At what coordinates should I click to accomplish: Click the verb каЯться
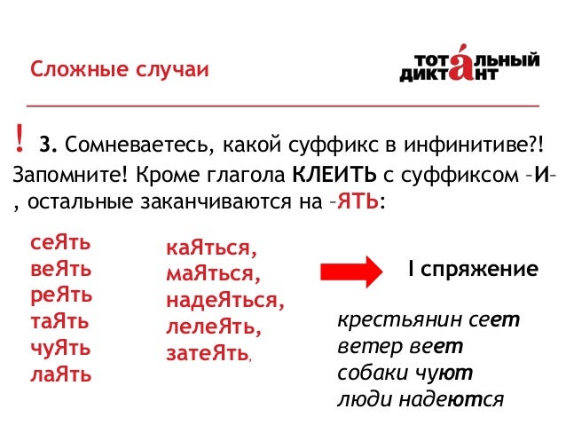[211, 249]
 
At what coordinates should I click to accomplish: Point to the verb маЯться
[213, 275]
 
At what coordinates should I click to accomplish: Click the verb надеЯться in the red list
[225, 302]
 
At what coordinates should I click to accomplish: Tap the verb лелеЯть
[213, 327]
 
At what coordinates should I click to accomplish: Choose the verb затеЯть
[207, 353]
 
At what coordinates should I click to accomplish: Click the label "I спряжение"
[471, 269]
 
